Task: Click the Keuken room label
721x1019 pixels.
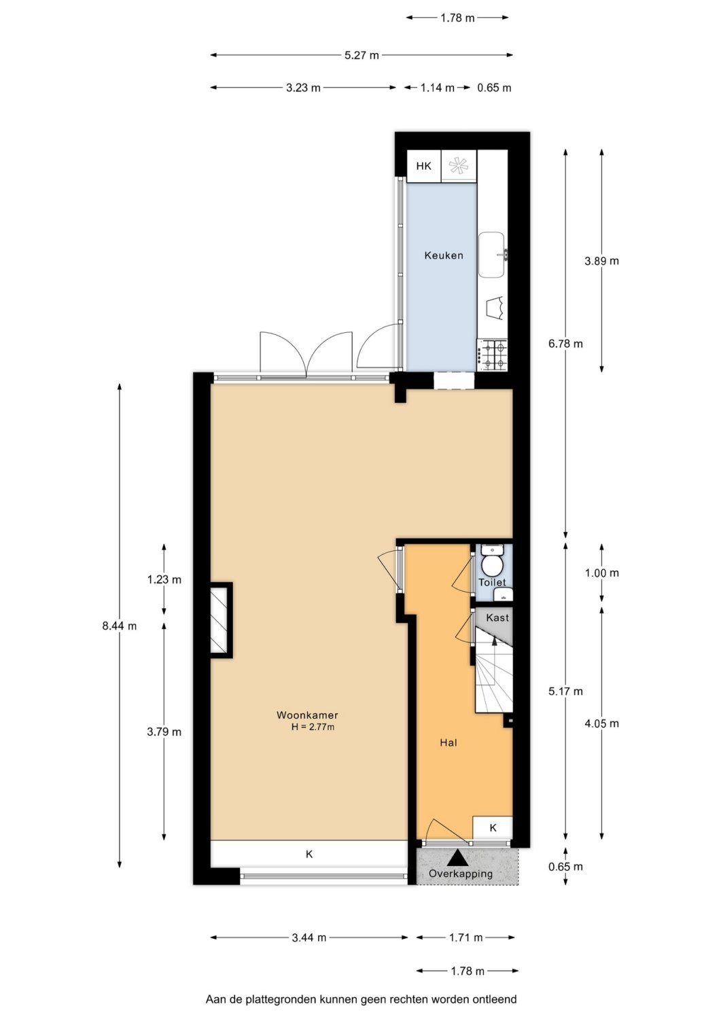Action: click(x=443, y=255)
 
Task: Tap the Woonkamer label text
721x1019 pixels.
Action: click(x=306, y=715)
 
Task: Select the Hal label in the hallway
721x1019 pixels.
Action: click(x=448, y=743)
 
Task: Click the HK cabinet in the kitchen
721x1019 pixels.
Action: click(x=424, y=166)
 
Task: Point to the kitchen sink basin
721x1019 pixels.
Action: click(x=491, y=255)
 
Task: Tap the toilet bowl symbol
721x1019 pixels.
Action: click(x=491, y=565)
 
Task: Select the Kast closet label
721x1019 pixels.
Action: click(x=497, y=618)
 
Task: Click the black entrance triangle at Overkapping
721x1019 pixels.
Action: click(x=457, y=859)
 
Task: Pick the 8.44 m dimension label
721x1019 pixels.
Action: click(x=119, y=626)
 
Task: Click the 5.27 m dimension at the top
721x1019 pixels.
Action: click(x=362, y=55)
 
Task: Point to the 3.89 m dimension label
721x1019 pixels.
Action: click(x=601, y=261)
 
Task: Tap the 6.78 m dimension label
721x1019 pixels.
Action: click(x=565, y=344)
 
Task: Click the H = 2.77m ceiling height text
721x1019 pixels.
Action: click(x=313, y=727)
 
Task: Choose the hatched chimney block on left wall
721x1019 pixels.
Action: click(x=222, y=620)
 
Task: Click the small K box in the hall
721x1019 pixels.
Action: click(x=493, y=828)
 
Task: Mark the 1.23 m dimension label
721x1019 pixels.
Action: click(x=164, y=579)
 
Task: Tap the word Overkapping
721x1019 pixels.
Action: click(x=461, y=874)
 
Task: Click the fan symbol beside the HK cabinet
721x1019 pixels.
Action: click(x=459, y=166)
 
